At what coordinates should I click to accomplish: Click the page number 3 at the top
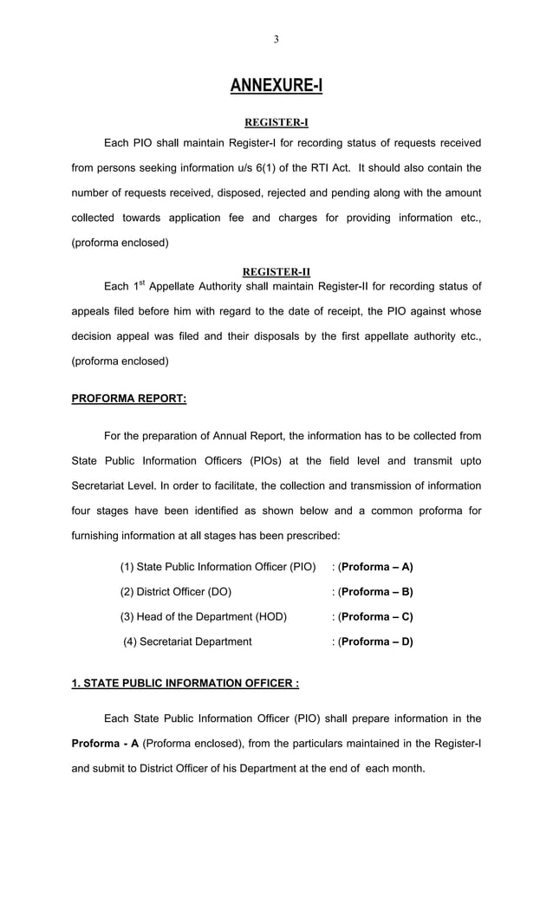coord(276,39)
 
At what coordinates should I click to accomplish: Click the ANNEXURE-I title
coord(276,85)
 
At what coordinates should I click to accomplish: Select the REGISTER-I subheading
coord(276,122)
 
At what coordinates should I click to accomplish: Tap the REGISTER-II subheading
coord(276,271)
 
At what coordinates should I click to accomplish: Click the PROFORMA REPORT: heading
coord(128,399)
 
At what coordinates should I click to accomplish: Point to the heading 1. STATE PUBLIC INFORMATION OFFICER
coord(185,683)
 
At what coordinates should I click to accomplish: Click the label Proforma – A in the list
coord(375,567)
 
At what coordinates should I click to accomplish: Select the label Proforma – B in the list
coord(375,592)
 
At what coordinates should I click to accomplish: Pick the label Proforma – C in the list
coord(375,617)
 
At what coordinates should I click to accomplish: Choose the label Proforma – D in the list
coord(375,642)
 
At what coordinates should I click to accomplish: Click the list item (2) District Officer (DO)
coord(176,592)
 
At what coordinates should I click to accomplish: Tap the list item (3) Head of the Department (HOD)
coord(203,617)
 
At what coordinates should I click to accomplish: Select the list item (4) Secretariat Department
coord(187,642)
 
